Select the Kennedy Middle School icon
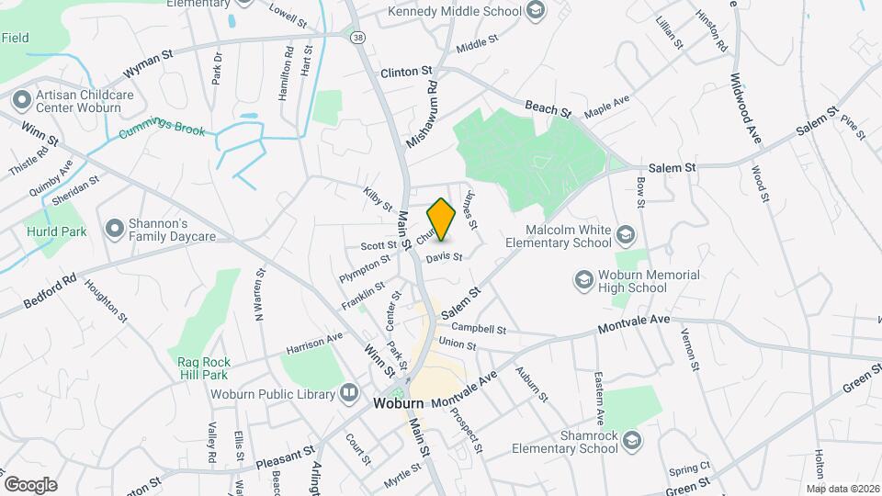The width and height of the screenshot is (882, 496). tap(536, 12)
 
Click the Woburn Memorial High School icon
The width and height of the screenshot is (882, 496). tap(583, 278)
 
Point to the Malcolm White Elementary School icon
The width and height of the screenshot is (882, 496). tap(626, 233)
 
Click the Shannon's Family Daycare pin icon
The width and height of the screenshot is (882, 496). tap(114, 227)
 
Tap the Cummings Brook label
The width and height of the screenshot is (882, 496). tap(162, 131)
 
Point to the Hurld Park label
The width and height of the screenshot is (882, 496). tap(56, 231)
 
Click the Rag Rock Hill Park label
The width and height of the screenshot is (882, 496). tap(203, 368)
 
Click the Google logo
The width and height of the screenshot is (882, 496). tap(30, 484)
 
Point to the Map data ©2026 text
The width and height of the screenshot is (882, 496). tap(842, 488)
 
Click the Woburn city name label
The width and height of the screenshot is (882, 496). tap(398, 403)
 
